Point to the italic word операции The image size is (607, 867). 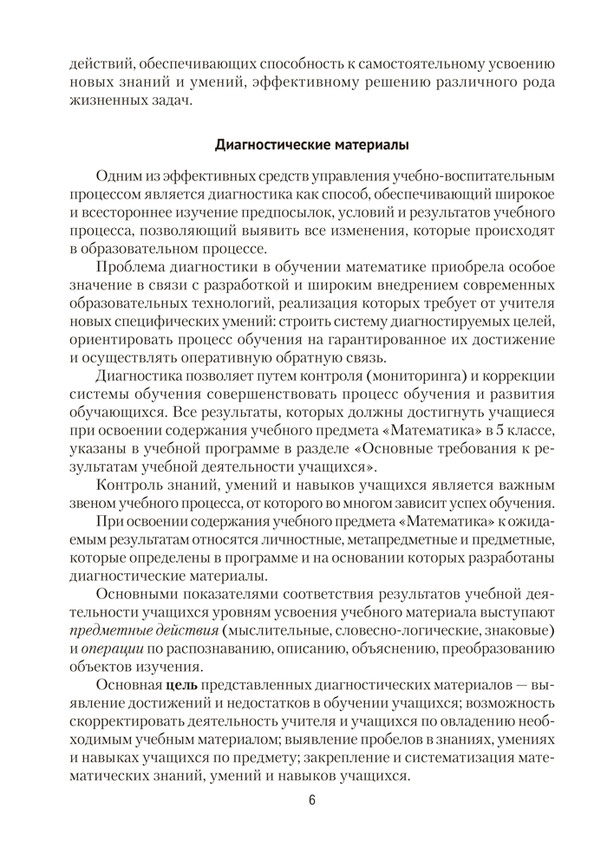(102, 647)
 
